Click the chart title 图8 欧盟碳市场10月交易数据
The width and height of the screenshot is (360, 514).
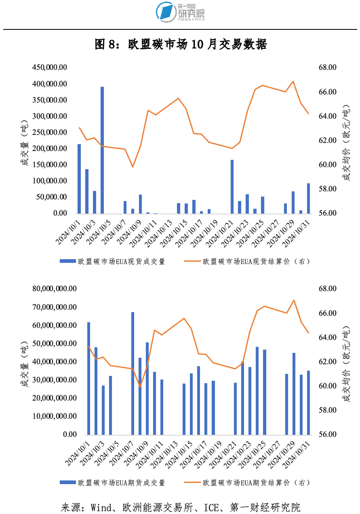[x=180, y=44]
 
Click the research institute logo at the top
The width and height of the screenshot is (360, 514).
[x=180, y=12]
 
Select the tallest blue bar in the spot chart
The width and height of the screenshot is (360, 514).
[x=103, y=150]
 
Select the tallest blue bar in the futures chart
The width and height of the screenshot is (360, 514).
[x=133, y=373]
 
